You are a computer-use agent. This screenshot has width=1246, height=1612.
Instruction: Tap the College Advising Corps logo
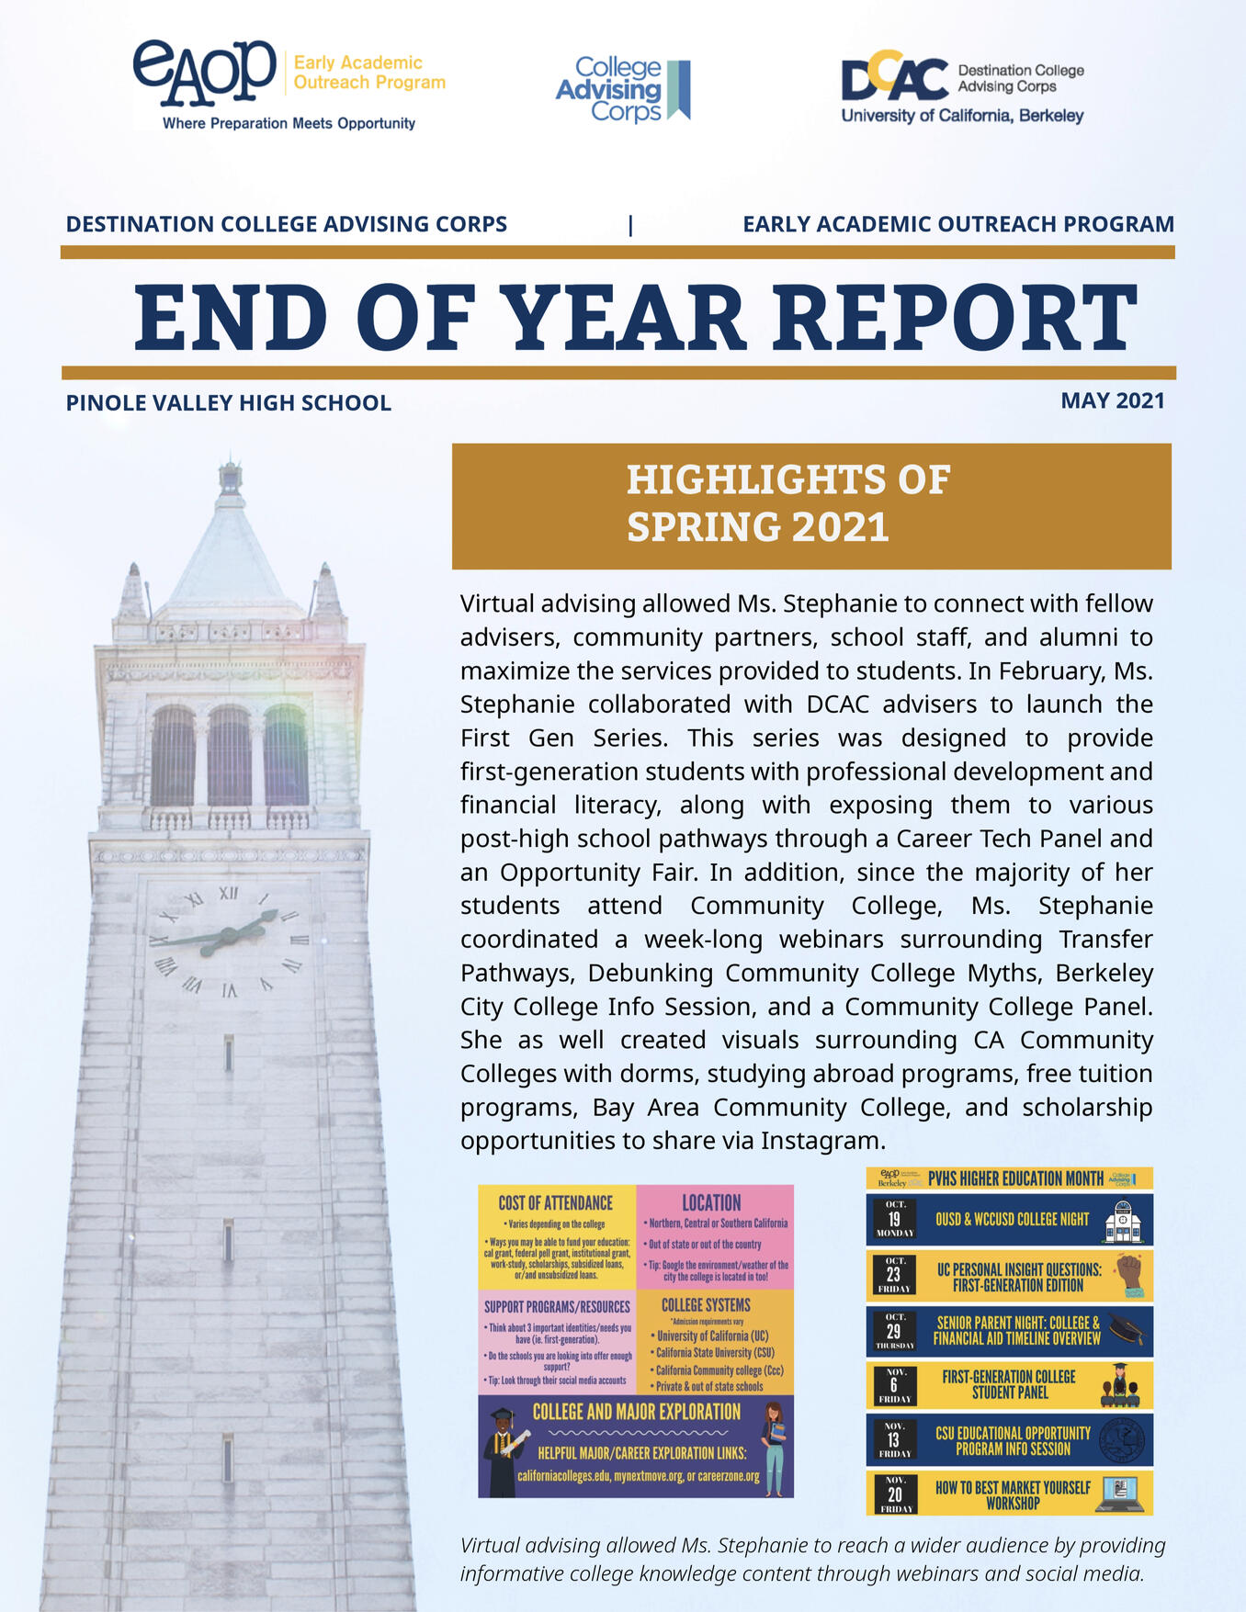(622, 89)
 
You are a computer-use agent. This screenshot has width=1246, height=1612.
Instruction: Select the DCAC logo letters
(894, 77)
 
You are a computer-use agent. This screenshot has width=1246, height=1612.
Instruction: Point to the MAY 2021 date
(1112, 400)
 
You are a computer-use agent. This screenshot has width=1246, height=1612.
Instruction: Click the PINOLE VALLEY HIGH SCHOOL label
(228, 402)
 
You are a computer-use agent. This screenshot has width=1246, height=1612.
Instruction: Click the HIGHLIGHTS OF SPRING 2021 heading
(787, 503)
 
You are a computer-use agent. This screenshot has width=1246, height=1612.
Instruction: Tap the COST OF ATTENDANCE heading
(555, 1203)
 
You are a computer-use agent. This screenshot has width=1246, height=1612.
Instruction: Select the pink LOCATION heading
(711, 1203)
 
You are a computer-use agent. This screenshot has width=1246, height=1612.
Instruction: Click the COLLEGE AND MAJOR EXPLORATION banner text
(636, 1412)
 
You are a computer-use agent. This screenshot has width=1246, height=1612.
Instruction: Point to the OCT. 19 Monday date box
(894, 1219)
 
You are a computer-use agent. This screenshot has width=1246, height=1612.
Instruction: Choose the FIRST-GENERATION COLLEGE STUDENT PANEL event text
(1008, 1384)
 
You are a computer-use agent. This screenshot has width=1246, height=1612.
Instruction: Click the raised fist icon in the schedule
(1128, 1275)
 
